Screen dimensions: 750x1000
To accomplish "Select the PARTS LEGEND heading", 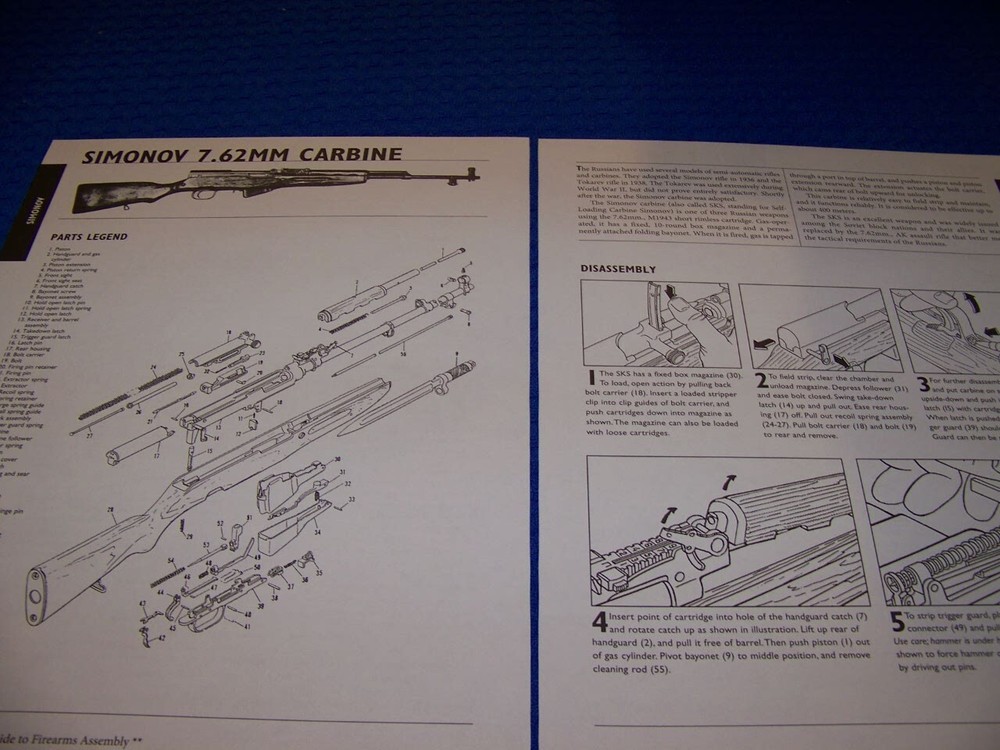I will [x=89, y=237].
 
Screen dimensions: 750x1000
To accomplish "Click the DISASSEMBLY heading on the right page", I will [x=618, y=269].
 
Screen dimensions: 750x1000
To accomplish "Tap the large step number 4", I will [x=598, y=621].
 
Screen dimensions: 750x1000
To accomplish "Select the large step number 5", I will [x=897, y=620].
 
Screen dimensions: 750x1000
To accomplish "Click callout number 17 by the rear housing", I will [x=155, y=456].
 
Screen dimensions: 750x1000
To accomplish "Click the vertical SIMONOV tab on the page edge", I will [x=31, y=200].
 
